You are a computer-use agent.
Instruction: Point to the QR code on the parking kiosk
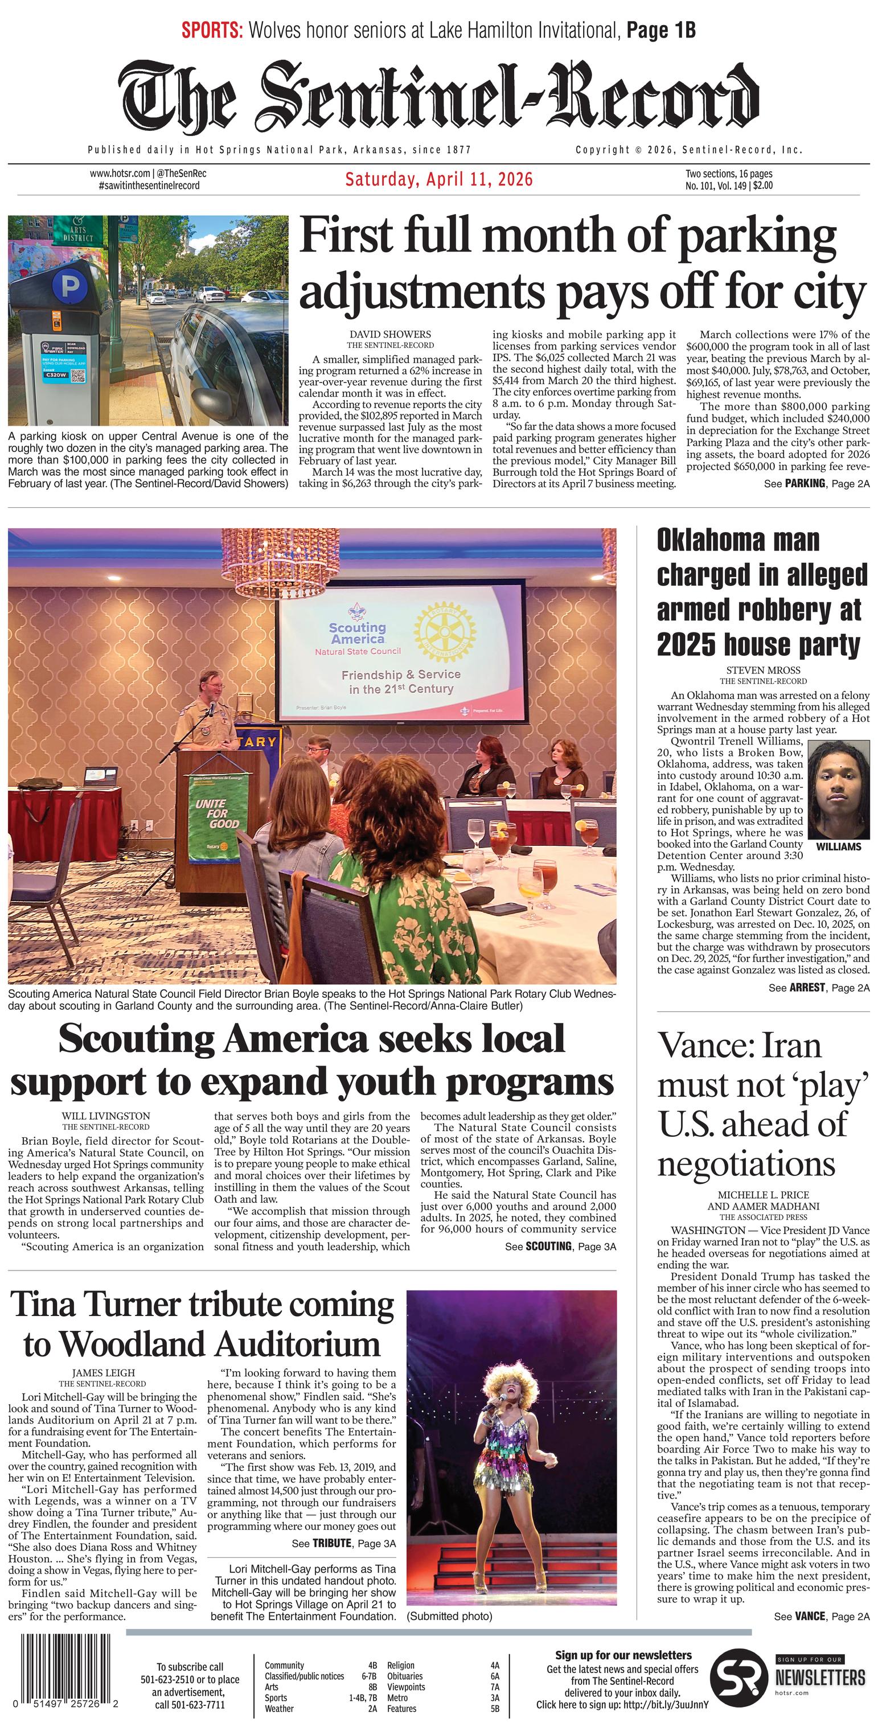(78, 376)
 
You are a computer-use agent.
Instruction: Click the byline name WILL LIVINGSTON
(106, 1116)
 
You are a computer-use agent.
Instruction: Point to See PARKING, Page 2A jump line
(817, 483)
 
